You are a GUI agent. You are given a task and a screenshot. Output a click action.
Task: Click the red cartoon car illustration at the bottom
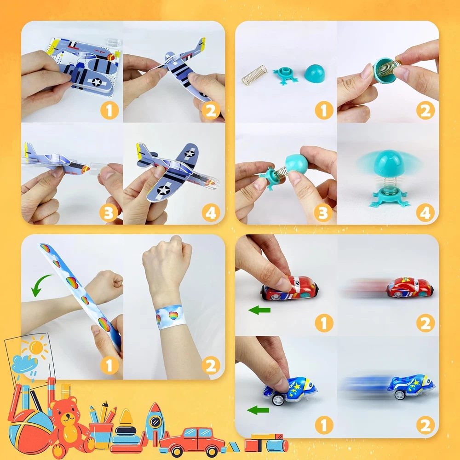pyautogui.click(x=192, y=442)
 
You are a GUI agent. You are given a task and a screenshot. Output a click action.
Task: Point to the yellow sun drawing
pyautogui.click(x=36, y=347)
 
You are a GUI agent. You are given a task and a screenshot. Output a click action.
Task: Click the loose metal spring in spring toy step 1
pyautogui.click(x=254, y=75)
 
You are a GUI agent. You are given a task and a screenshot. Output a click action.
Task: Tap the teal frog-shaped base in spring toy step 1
pyautogui.click(x=285, y=75)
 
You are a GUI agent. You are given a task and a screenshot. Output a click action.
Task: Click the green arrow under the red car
pyautogui.click(x=259, y=310)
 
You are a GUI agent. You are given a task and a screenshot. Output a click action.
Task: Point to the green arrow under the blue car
pyautogui.click(x=258, y=410)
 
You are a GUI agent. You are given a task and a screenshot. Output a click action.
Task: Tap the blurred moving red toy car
pyautogui.click(x=409, y=287)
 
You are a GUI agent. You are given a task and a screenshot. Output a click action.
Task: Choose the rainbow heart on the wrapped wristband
pyautogui.click(x=173, y=316)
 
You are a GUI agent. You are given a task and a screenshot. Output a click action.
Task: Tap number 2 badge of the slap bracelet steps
pyautogui.click(x=211, y=365)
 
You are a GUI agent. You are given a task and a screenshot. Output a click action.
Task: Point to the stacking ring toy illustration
pyautogui.click(x=127, y=432)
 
